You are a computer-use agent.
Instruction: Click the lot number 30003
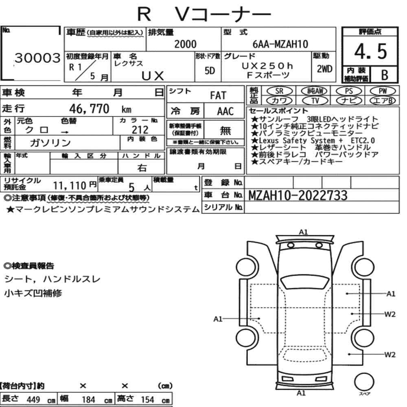[x=37, y=58]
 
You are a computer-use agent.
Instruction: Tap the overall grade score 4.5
[x=370, y=51]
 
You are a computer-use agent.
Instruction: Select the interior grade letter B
[x=385, y=75]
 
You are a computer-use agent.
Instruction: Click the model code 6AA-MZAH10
[x=280, y=44]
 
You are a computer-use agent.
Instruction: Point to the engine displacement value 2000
[x=185, y=44]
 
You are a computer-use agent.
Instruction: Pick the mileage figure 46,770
[x=89, y=109]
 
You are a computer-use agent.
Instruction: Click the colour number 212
[x=140, y=129]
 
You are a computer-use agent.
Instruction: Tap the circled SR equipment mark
[x=279, y=91]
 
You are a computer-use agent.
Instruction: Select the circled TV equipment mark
[x=315, y=101]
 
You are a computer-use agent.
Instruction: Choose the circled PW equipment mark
[x=383, y=91]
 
